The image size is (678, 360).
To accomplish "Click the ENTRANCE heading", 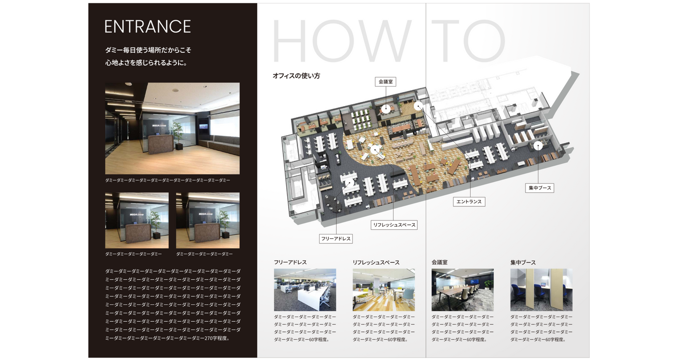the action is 148,26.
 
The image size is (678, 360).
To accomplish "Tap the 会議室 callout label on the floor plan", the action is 385,82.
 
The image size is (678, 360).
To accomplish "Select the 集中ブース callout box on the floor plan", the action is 539,188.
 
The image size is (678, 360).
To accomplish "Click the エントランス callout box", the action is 469,202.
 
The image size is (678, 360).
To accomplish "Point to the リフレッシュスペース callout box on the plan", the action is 394,225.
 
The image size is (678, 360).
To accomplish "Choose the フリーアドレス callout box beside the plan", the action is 336,238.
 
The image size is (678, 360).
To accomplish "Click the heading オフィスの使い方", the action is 296,76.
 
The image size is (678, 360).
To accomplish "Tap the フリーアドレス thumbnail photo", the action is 305,290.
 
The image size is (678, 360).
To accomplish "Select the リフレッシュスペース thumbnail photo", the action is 384,290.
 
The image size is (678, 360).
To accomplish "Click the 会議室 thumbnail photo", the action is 462,290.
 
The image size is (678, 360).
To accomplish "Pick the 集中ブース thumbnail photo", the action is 541,290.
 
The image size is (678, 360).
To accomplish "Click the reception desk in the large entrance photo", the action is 160,144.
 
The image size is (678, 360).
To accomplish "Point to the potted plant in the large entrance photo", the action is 178,136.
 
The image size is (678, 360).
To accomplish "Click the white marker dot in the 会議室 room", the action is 385,109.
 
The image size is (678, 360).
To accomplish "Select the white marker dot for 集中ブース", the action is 538,146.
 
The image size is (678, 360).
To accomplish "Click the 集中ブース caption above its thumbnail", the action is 523,263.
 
